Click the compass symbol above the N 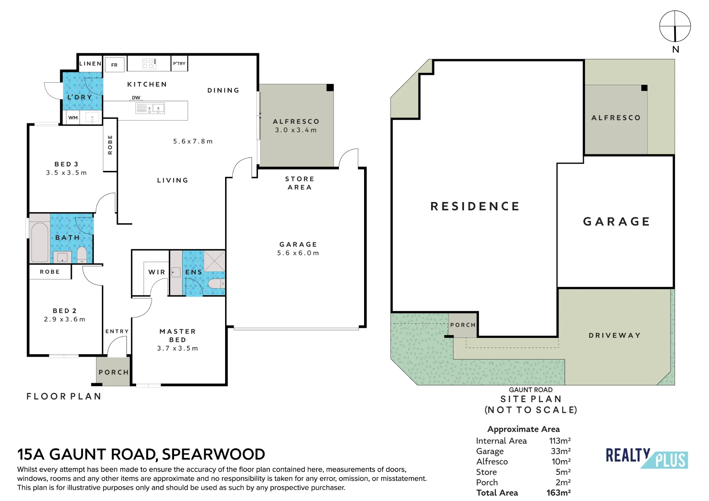point(675,26)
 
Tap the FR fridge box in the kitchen point(115,65)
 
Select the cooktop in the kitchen point(149,63)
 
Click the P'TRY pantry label point(179,63)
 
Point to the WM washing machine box point(73,118)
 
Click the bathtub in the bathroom point(39,243)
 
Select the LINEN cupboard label point(90,64)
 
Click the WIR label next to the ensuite point(157,272)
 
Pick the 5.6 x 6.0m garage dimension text point(298,253)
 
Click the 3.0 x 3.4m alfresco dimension point(296,130)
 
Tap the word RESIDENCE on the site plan point(475,206)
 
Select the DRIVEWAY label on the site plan point(615,335)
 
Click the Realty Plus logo point(647,458)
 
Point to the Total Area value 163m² point(559,493)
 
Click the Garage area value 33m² point(561,451)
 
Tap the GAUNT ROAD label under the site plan point(531,390)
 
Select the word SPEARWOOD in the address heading point(213,454)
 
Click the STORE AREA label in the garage point(300,183)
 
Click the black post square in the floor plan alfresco point(330,88)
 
